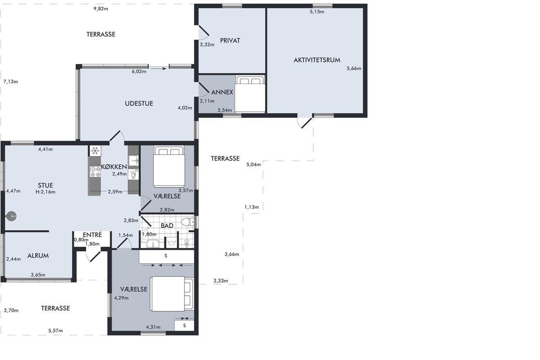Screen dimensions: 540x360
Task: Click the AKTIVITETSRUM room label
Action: (317, 60)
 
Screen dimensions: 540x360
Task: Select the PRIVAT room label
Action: (230, 40)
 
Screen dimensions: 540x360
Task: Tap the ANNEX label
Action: (222, 92)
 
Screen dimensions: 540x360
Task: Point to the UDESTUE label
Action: (139, 103)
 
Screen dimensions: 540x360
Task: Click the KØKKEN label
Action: (114, 166)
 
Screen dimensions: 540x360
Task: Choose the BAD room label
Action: (167, 225)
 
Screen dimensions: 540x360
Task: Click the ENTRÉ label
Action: (92, 234)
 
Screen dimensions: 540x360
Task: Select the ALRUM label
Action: (38, 256)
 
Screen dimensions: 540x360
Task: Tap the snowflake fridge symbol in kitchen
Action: (95, 151)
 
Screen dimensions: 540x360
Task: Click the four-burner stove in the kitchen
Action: (95, 172)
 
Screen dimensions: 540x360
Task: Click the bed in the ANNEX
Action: (250, 94)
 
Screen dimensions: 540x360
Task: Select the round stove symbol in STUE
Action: (11, 216)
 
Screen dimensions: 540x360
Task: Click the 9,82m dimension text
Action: (101, 9)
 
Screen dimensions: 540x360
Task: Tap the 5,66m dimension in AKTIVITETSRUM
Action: (354, 68)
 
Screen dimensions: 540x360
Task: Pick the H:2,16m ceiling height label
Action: (45, 192)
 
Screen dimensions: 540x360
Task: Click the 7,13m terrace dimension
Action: (11, 82)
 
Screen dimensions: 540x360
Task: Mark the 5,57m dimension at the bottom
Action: (55, 331)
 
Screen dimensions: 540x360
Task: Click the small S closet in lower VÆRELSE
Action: (184, 325)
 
